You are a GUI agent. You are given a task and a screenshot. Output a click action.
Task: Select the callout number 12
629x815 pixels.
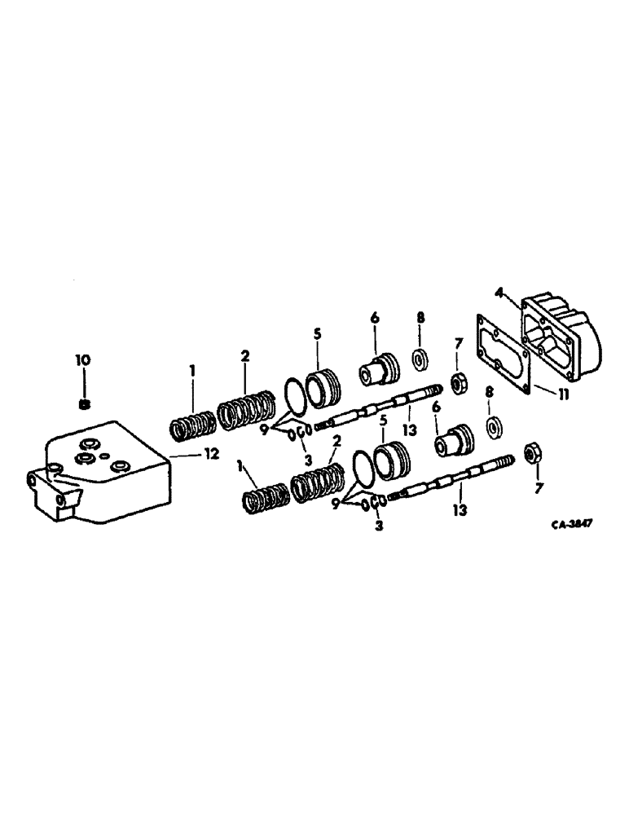tap(211, 455)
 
